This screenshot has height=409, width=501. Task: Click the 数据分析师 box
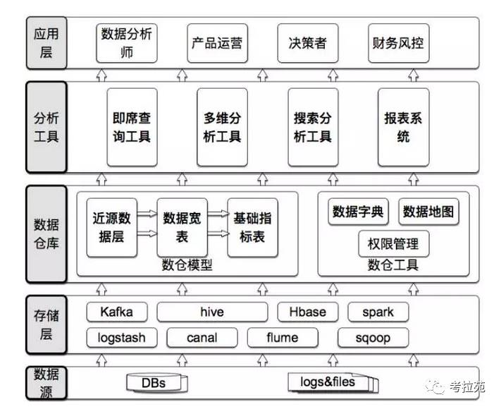coord(127,42)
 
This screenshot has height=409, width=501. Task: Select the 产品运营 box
coord(217,42)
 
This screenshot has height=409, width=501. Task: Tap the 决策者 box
coord(307,42)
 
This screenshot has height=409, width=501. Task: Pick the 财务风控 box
coord(398,42)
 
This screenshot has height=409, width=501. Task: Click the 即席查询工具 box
coord(132,126)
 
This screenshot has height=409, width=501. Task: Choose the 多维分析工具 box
coord(223,126)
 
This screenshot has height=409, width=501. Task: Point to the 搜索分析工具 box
coord(313,126)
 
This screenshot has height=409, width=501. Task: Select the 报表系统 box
coord(403,126)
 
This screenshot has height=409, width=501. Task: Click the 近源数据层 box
coord(112,227)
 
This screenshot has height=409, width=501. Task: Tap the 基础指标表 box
coord(252,227)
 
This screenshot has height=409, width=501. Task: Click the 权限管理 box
coord(393,244)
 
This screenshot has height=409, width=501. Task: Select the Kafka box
coord(116,312)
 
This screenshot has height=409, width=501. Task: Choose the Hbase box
coord(309,312)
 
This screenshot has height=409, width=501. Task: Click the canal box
coord(202,337)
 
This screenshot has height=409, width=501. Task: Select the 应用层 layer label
coord(46,42)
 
